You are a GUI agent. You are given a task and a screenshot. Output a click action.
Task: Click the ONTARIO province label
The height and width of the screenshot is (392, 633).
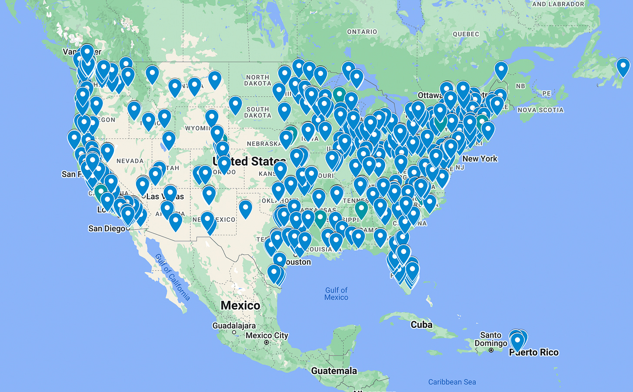pos(362,32)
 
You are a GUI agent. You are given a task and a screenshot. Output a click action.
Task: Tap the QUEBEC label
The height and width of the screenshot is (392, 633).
pos(466,34)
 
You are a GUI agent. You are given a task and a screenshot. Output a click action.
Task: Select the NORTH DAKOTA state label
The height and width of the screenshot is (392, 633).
pos(257,80)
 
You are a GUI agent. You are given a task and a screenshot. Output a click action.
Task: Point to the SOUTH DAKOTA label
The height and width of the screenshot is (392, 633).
pos(257,112)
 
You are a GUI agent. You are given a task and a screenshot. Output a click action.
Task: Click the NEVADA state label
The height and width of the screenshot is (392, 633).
pos(130,161)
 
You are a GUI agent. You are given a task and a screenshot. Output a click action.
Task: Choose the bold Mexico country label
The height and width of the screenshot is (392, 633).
pos(240,306)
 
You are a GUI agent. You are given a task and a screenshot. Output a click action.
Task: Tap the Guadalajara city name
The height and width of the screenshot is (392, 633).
pos(234,326)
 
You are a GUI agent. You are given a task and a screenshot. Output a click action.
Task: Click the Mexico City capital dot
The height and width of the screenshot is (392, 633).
pos(267,343)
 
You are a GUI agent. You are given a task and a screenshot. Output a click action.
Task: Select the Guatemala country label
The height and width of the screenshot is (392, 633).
pos(334,371)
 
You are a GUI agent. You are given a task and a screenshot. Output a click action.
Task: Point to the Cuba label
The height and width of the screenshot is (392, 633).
pos(421,325)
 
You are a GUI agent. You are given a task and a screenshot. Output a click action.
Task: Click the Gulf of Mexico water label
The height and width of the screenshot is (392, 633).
pos(336,294)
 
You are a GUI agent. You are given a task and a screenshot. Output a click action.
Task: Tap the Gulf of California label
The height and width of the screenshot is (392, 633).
pos(173,277)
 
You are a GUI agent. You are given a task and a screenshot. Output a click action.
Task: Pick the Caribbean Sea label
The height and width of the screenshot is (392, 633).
pos(452,382)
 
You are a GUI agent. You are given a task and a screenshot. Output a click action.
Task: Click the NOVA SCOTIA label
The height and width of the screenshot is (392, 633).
pos(540,110)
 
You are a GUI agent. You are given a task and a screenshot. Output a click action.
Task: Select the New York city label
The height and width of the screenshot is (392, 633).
pos(480,159)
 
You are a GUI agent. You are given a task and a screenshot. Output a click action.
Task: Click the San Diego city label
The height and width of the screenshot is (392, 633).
pos(107,228)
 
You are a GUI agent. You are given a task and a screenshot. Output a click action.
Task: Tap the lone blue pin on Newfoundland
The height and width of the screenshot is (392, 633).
pos(623,66)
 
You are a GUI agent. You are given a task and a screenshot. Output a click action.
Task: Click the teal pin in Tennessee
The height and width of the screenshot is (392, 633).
pos(361,208)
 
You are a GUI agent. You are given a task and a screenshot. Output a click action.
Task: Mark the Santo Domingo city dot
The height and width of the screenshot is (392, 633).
pos(491,350)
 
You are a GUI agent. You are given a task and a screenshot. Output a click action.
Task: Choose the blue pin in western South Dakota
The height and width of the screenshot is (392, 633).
pos(235,104)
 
